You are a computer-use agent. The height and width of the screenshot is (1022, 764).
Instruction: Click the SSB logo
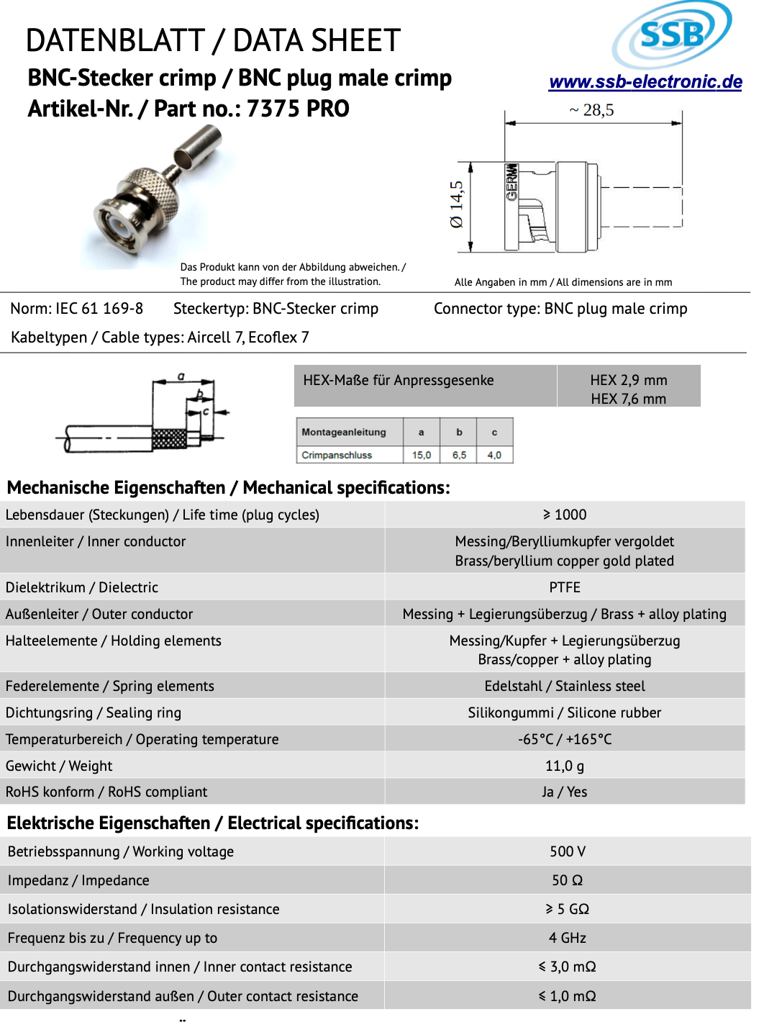click(x=672, y=34)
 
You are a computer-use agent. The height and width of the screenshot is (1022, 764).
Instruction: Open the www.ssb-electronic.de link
click(x=645, y=82)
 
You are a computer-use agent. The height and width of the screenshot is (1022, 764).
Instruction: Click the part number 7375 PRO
click(x=298, y=109)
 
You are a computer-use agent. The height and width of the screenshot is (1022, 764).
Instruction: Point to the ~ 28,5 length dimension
click(x=592, y=110)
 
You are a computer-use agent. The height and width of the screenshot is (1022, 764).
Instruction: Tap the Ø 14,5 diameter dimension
click(x=457, y=205)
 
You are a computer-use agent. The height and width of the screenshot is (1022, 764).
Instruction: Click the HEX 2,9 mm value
click(x=628, y=380)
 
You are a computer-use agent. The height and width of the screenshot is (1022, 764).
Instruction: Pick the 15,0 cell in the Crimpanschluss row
click(x=422, y=455)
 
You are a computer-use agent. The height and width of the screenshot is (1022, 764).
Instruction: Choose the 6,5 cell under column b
click(x=459, y=455)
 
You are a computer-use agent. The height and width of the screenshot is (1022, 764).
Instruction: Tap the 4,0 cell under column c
click(x=494, y=455)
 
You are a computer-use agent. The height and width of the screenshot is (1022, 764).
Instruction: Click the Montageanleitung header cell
click(x=344, y=432)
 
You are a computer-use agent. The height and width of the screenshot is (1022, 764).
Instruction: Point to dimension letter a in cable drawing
click(x=181, y=376)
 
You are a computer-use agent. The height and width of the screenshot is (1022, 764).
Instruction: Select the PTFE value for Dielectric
click(x=565, y=587)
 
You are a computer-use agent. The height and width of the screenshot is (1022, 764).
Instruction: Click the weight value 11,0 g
click(x=565, y=766)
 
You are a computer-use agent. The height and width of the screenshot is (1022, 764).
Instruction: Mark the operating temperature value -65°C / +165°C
click(x=565, y=739)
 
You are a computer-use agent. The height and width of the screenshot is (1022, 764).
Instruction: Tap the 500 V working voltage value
click(x=568, y=851)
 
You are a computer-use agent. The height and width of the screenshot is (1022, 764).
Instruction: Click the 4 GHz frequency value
click(x=568, y=938)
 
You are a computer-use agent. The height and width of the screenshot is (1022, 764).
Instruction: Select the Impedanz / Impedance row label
click(x=78, y=880)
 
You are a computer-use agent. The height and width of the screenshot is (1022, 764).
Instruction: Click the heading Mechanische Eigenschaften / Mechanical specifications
click(x=228, y=487)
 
